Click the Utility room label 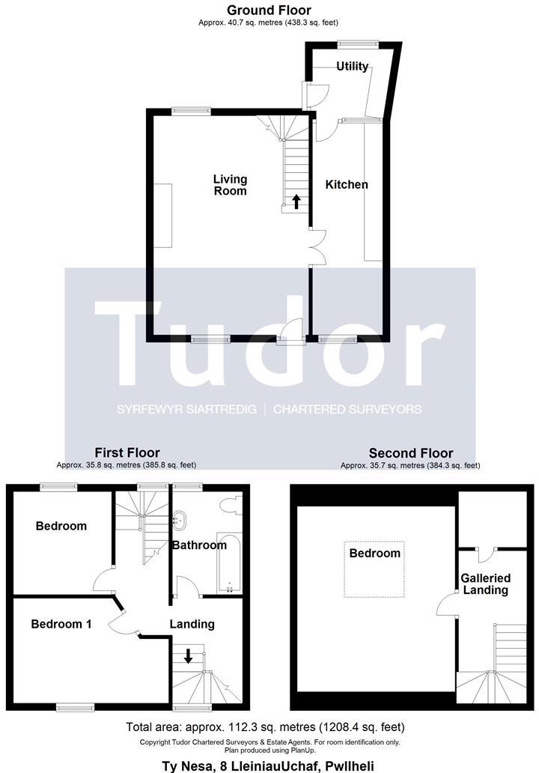(x=352, y=67)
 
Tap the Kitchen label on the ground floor (x=346, y=184)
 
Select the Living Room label (x=230, y=185)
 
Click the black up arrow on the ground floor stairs (x=296, y=201)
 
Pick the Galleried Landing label (x=485, y=584)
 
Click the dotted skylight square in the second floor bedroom (x=374, y=569)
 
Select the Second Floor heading (x=410, y=453)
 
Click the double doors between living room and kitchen (x=317, y=246)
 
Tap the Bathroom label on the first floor (x=199, y=545)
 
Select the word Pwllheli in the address (x=346, y=766)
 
